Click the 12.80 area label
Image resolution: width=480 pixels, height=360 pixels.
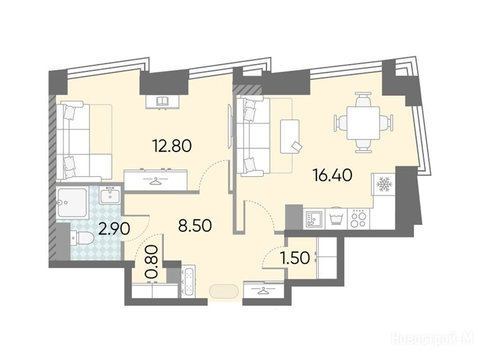tap(172, 146)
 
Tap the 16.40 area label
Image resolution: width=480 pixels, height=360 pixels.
tap(332, 175)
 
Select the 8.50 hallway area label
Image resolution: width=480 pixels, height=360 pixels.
tap(195, 226)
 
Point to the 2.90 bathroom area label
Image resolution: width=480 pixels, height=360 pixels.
tap(114, 228)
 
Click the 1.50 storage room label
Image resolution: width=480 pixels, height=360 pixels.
tap(295, 258)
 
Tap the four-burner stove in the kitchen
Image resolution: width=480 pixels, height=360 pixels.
tap(359, 218)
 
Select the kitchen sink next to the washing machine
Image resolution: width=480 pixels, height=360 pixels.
tap(314, 218)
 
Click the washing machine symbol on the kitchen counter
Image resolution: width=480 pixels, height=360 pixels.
tap(336, 219)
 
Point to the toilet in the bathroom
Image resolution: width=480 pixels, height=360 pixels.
tap(82, 239)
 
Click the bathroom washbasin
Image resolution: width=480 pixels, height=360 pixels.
tap(110, 195)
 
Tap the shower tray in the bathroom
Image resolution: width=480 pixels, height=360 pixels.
tap(72, 203)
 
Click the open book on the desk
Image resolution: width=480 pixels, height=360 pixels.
tap(163, 101)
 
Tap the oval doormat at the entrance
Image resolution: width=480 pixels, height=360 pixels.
tap(224, 291)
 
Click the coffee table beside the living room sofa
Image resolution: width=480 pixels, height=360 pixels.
tap(290, 136)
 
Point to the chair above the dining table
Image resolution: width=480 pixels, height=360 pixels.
tap(363, 99)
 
